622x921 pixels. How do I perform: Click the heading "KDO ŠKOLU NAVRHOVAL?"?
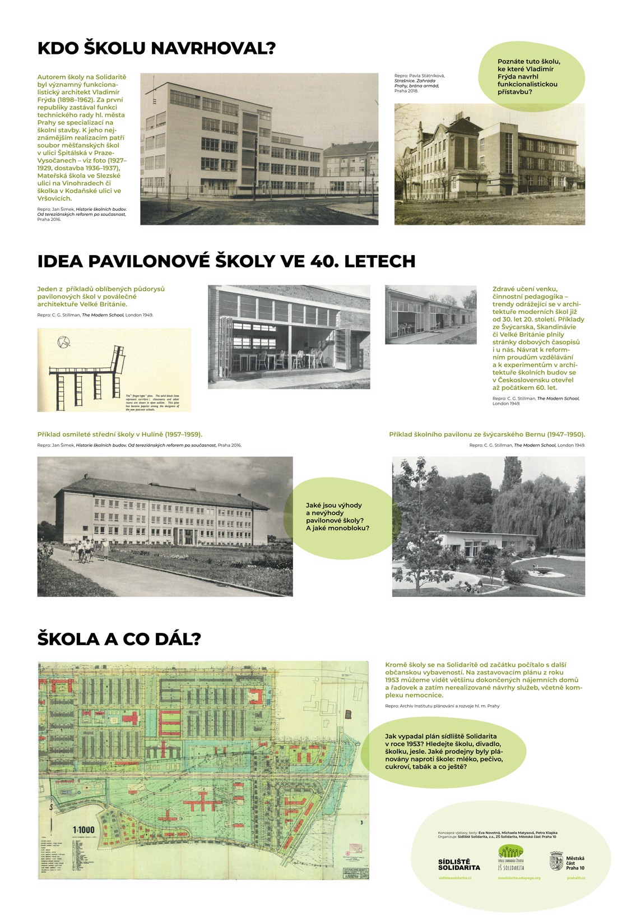(156, 48)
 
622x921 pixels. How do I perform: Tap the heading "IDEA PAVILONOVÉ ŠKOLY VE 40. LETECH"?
(226, 261)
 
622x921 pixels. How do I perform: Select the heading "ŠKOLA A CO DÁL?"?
(119, 639)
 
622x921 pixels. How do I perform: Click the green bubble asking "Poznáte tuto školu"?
(528, 76)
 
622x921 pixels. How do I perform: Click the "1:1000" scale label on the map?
(83, 830)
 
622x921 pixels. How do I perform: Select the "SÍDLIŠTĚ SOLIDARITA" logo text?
(459, 864)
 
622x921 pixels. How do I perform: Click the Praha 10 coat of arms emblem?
(556, 860)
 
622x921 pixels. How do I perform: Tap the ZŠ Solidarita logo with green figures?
(510, 855)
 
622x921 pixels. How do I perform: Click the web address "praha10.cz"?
(575, 878)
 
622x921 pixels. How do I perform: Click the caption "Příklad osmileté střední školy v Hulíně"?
(119, 434)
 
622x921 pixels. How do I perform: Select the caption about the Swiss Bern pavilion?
(486, 434)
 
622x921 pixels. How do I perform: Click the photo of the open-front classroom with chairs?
(289, 337)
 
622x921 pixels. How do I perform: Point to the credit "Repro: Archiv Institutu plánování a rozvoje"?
(442, 706)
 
